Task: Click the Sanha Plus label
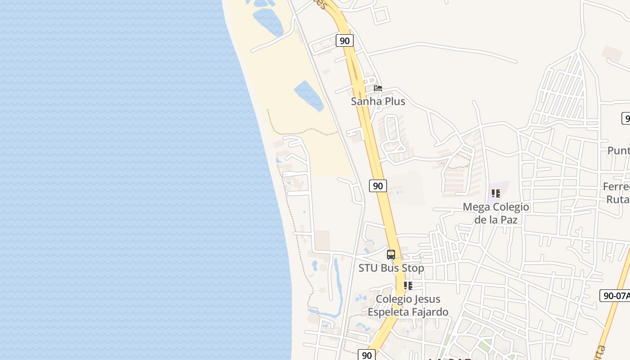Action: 378,101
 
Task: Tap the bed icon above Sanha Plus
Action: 378,88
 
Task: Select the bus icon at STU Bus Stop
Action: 391,254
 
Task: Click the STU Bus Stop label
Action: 391,268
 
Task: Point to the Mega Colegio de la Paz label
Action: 496,213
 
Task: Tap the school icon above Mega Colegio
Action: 496,193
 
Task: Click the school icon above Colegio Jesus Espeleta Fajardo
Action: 408,286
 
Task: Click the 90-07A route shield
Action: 615,296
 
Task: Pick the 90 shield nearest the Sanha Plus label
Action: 345,40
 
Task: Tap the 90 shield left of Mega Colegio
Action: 378,185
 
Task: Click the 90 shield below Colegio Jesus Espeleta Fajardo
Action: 367,355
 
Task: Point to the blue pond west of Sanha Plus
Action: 309,95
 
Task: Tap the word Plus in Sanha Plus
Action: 395,101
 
